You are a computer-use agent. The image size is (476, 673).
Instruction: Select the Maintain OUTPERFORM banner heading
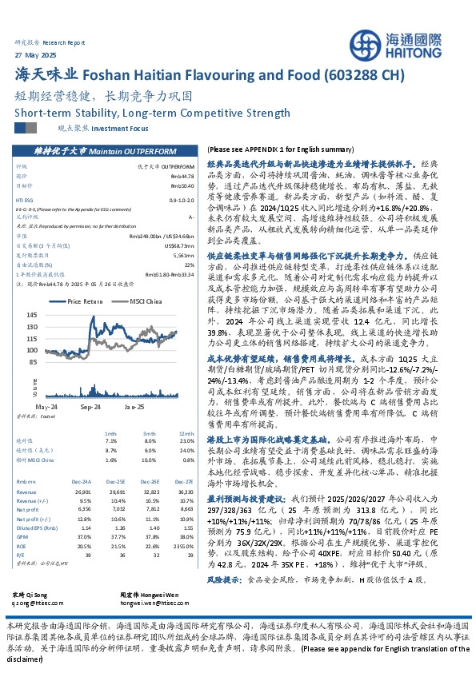pyautogui.click(x=104, y=150)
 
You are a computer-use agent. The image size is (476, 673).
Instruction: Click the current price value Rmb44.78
pyautogui.click(x=182, y=175)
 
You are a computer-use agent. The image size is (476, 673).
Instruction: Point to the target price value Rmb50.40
pyautogui.click(x=182, y=185)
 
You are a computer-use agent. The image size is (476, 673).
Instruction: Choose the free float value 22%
pyautogui.click(x=190, y=264)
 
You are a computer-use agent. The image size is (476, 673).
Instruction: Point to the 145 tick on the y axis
pyautogui.click(x=34, y=315)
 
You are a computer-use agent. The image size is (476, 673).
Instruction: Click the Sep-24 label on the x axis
pyautogui.click(x=89, y=407)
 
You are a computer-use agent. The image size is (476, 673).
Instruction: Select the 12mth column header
pyautogui.click(x=186, y=432)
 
